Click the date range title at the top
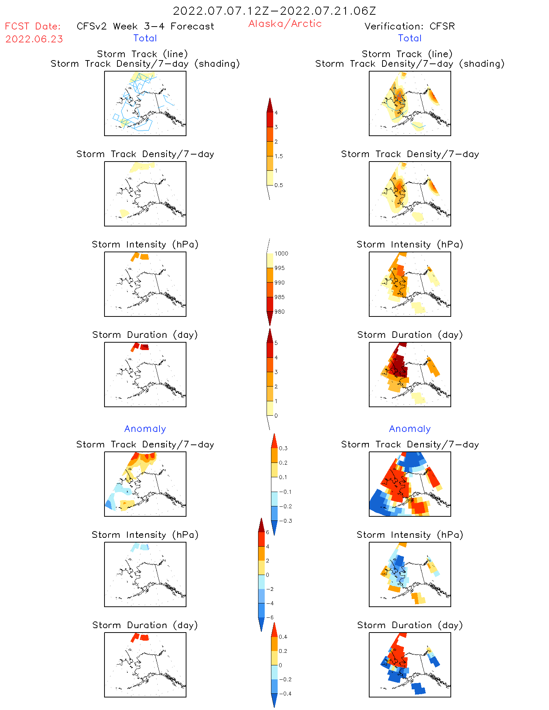click(x=274, y=11)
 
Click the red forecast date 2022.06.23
click(x=34, y=39)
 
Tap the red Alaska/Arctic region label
click(x=285, y=24)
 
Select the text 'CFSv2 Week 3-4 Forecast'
click(x=145, y=26)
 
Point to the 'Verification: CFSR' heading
click(x=409, y=26)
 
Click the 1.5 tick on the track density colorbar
click(x=279, y=156)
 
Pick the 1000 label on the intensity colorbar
click(x=281, y=254)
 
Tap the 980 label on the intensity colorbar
click(x=279, y=312)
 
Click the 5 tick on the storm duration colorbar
click(x=276, y=343)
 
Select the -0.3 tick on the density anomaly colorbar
click(x=285, y=521)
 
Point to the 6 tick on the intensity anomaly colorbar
click(x=268, y=532)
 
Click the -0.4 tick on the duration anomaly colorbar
click(x=285, y=693)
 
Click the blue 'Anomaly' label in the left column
click(x=145, y=429)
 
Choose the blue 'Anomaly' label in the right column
click(x=410, y=429)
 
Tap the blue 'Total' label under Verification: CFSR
click(x=410, y=38)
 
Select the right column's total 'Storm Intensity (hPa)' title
click(x=410, y=245)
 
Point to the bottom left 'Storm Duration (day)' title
click(x=145, y=625)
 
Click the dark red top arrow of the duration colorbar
click(x=270, y=335)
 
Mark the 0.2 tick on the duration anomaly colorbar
click(x=283, y=651)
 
